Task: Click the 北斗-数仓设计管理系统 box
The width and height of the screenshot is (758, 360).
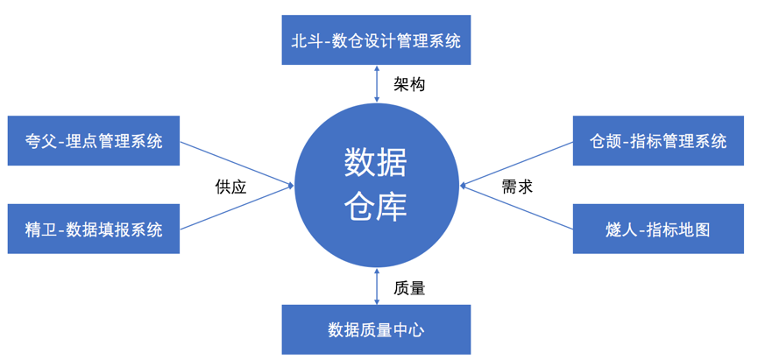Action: (376, 40)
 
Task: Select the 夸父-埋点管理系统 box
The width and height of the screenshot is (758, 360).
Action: (94, 141)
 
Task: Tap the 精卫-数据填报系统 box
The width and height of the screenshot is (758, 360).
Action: (94, 229)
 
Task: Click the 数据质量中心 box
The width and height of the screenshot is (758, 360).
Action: (376, 329)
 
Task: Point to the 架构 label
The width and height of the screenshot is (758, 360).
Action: (409, 85)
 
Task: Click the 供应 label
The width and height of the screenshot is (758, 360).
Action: (230, 186)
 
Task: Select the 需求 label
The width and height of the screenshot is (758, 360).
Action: (517, 186)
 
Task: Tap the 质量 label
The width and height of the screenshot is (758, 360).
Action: (409, 286)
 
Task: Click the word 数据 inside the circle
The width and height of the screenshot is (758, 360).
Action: (376, 162)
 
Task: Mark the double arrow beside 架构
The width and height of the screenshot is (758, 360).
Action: (376, 85)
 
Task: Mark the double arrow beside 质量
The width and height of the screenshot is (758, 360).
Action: (376, 286)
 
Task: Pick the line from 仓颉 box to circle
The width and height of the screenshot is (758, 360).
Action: (517, 163)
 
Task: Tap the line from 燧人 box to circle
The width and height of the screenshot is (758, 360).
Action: (517, 207)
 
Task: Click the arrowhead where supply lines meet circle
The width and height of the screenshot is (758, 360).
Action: (289, 185)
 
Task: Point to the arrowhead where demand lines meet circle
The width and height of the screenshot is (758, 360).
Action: (464, 185)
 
